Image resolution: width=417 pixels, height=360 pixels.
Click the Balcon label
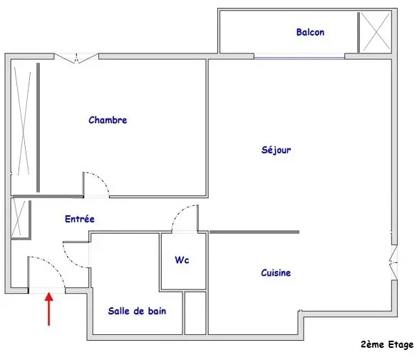pyautogui.click(x=310, y=32)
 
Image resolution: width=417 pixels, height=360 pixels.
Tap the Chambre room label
pyautogui.click(x=108, y=120)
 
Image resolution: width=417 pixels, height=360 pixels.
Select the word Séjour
pyautogui.click(x=276, y=150)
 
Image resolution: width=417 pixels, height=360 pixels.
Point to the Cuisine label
pyautogui.click(x=276, y=273)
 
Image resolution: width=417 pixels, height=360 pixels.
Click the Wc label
pyautogui.click(x=182, y=259)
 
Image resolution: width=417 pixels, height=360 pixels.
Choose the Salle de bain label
pyautogui.click(x=137, y=311)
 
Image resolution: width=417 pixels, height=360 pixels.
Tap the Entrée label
pyautogui.click(x=80, y=219)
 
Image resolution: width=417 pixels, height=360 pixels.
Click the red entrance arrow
pyautogui.click(x=49, y=309)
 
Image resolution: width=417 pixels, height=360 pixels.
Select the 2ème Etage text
pyautogui.click(x=387, y=344)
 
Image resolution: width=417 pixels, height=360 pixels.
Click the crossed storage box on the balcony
pyautogui.click(x=376, y=32)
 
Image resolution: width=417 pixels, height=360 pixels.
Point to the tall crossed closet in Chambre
pyautogui.click(x=23, y=121)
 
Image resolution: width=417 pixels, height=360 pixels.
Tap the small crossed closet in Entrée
pyautogui.click(x=18, y=218)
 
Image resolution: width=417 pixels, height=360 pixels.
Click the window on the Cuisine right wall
pyautogui.click(x=394, y=262)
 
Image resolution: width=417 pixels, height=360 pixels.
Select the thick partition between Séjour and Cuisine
pyautogui.click(x=254, y=232)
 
